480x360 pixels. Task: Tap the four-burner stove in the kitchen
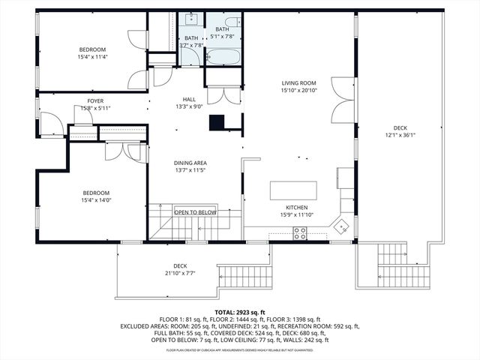[x=300, y=235]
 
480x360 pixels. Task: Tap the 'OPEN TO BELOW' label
[x=195, y=212]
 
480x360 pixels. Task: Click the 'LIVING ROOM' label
[x=298, y=83]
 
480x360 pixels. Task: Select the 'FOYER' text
[x=95, y=100]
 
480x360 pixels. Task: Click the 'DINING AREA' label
[x=190, y=163]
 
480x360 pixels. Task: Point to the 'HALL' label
[x=189, y=99]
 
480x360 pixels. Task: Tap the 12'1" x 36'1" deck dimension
[x=400, y=135]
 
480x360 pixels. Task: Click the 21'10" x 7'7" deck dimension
[x=180, y=273]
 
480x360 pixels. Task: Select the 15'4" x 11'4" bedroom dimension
[x=92, y=57]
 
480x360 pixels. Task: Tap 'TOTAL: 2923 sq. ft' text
[x=240, y=312]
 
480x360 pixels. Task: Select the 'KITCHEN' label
[x=296, y=208]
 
